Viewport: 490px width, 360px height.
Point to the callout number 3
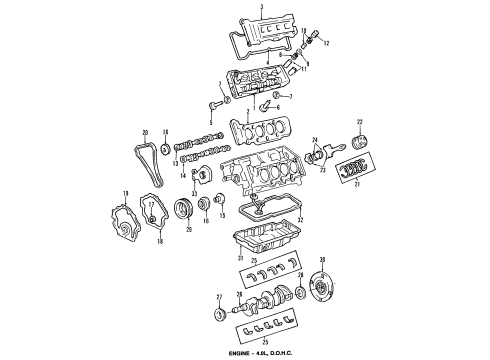click(261, 7)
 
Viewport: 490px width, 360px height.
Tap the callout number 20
click(145, 133)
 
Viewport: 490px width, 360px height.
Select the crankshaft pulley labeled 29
click(183, 211)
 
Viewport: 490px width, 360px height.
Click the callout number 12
click(326, 44)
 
